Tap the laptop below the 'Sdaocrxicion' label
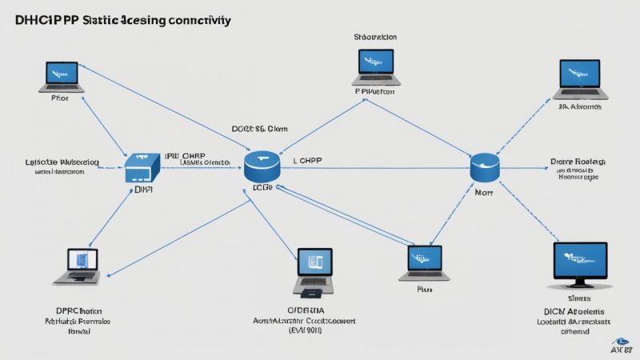[x=374, y=69]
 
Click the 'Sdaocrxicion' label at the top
[x=376, y=37]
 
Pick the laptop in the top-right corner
[x=579, y=78]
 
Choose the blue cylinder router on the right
[x=485, y=167]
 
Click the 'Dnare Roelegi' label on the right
[x=578, y=160]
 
